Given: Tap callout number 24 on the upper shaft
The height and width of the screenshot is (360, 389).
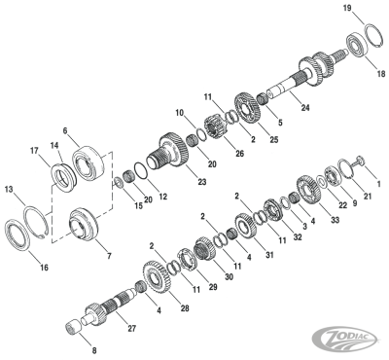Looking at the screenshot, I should coord(304,108).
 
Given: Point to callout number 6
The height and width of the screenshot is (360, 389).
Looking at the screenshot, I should coord(64,130).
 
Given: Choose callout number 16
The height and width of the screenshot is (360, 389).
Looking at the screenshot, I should coord(17,266).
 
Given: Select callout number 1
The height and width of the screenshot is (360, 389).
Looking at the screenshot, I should coord(378,185).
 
